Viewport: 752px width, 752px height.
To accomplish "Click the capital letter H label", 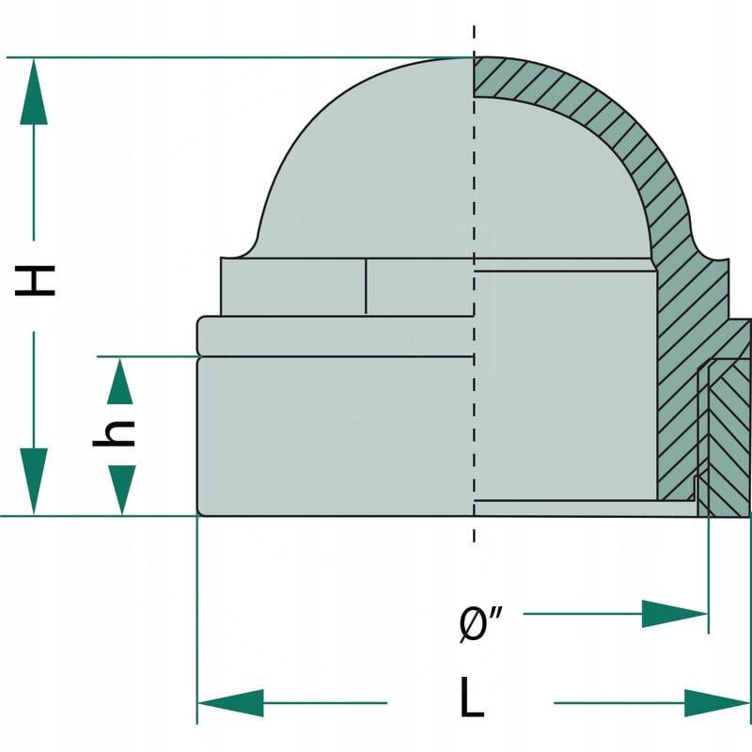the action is (35, 279).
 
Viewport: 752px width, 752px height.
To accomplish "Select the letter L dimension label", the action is (472, 699).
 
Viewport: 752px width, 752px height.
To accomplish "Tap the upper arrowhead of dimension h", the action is (120, 382).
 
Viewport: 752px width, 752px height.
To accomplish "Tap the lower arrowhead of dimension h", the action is (120, 490).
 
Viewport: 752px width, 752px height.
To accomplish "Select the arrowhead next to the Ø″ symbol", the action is (673, 614).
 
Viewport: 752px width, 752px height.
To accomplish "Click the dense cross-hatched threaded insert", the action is (728, 432).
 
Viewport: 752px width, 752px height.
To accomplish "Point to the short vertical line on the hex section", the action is (366, 287).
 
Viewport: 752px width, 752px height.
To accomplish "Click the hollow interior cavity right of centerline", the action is (564, 376).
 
